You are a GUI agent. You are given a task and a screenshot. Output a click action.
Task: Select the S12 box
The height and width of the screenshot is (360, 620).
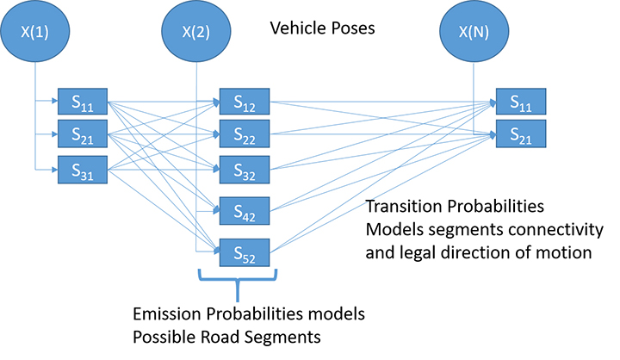coord(245,103)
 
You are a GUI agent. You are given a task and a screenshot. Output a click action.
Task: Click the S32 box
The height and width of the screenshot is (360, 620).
coord(245,171)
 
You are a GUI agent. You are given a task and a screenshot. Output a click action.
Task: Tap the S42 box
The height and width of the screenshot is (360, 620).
coord(245,210)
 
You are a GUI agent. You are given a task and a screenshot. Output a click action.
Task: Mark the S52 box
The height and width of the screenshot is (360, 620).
coord(245,252)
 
